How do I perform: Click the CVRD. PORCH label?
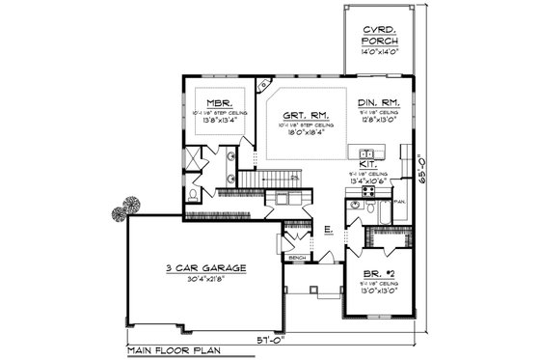pos(377,36)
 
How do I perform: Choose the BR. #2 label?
pos(379,274)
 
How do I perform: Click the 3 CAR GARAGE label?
pos(203,267)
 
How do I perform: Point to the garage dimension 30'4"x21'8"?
pos(203,279)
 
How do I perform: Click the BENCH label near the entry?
pos(297,259)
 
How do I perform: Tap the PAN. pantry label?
pos(399,201)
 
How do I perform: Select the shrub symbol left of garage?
pos(126,207)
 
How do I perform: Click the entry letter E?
pos(327,229)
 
